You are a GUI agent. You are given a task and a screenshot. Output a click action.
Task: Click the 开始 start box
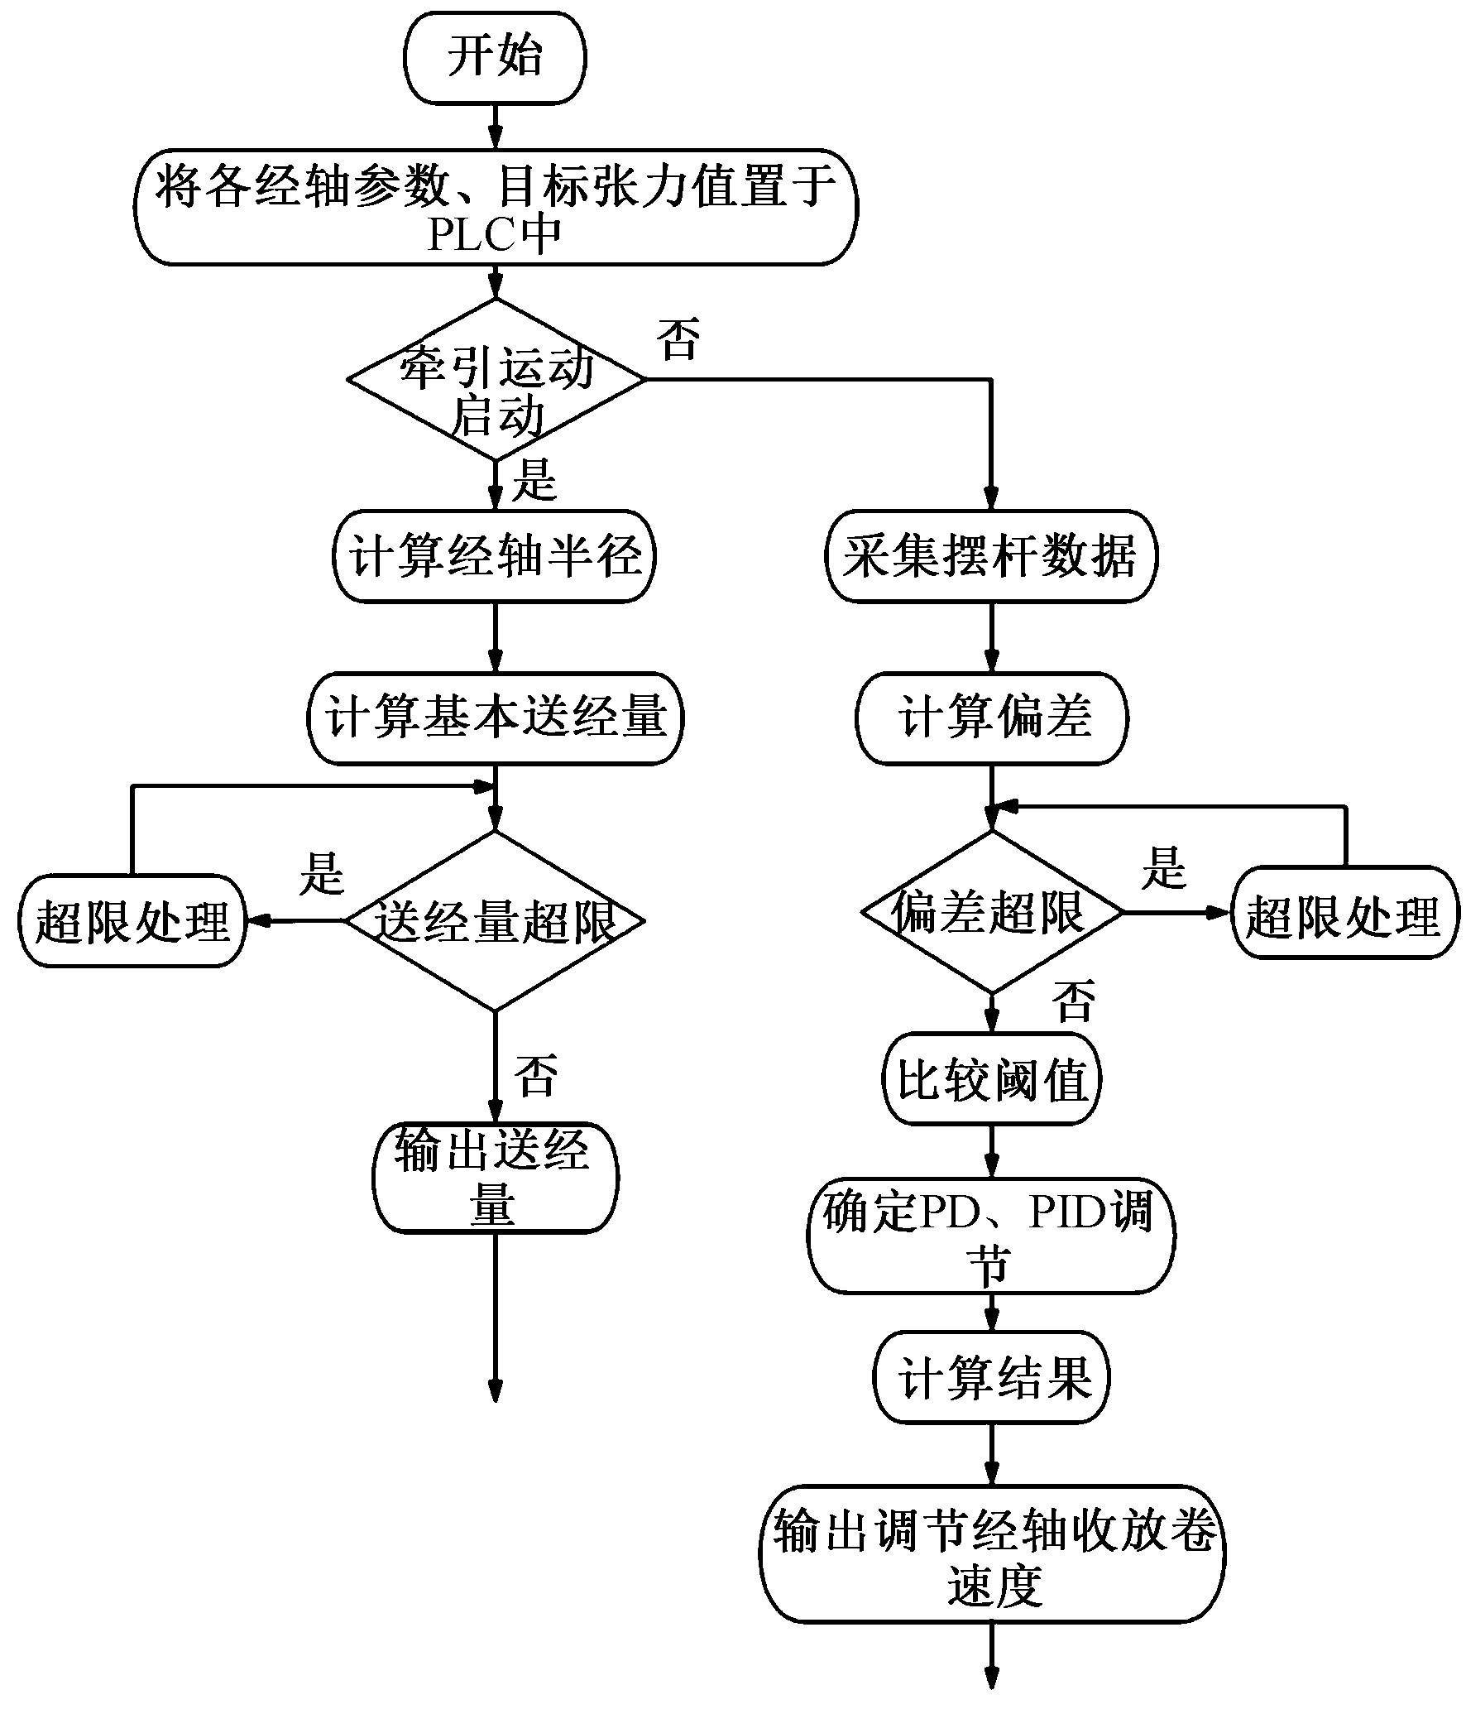tap(495, 58)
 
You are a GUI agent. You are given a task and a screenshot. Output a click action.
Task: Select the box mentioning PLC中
tap(495, 207)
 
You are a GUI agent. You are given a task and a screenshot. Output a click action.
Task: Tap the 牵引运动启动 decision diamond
tap(495, 379)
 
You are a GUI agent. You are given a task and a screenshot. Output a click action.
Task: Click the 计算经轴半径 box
tap(495, 556)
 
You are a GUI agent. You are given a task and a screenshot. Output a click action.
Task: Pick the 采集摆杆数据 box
tap(991, 556)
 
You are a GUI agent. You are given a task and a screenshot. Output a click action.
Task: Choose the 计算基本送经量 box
tap(495, 718)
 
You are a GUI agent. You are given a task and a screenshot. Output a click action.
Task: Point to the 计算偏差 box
tap(991, 718)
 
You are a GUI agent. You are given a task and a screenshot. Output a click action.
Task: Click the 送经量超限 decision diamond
tap(495, 920)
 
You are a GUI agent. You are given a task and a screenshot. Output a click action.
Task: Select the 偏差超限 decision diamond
tap(991, 913)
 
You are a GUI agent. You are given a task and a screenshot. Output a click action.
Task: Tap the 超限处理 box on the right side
tap(1344, 913)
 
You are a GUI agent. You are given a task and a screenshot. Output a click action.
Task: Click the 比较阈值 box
tap(991, 1080)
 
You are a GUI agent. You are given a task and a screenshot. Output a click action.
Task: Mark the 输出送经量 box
tap(495, 1178)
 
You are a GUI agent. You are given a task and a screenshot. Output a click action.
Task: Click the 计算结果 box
tap(991, 1379)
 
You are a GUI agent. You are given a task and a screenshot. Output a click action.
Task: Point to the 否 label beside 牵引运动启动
tap(678, 339)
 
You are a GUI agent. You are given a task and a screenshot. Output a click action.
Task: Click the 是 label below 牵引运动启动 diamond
tap(534, 480)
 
